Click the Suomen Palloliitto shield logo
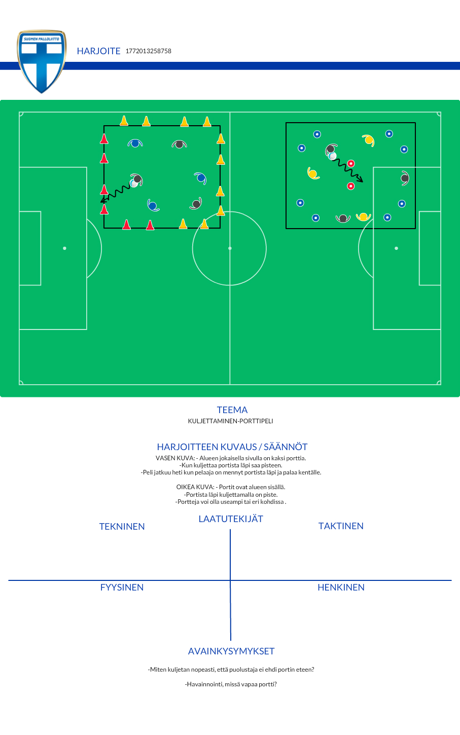pyautogui.click(x=42, y=61)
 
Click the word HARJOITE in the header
pyautogui.click(x=98, y=51)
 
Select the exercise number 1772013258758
pyautogui.click(x=149, y=51)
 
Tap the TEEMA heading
pyautogui.click(x=232, y=410)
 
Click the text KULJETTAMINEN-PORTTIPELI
pyautogui.click(x=230, y=421)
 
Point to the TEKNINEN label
pyautogui.click(x=122, y=526)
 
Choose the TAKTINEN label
pyautogui.click(x=341, y=526)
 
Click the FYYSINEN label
pyautogui.click(x=122, y=587)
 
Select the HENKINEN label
pyautogui.click(x=341, y=587)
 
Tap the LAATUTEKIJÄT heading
pyautogui.click(x=231, y=519)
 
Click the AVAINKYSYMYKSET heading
pyautogui.click(x=231, y=651)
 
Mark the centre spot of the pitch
pyautogui.click(x=230, y=248)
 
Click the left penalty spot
pyautogui.click(x=65, y=248)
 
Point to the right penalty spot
pyautogui.click(x=396, y=248)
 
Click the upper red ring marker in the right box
pyautogui.click(x=351, y=163)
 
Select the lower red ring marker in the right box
pyautogui.click(x=350, y=187)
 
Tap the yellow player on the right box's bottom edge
pyautogui.click(x=364, y=216)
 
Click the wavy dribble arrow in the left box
pyautogui.click(x=115, y=193)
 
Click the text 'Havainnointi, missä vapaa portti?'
pyautogui.click(x=231, y=684)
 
